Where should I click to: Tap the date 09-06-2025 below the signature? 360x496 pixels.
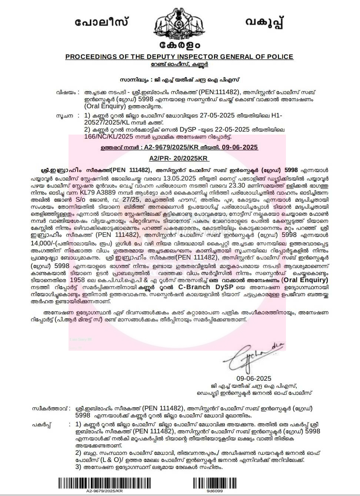[x=254, y=378]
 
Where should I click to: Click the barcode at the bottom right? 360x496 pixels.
[x=214, y=483]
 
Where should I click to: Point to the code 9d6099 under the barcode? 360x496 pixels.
[x=214, y=491]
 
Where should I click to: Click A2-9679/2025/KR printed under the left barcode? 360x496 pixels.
[x=103, y=491]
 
